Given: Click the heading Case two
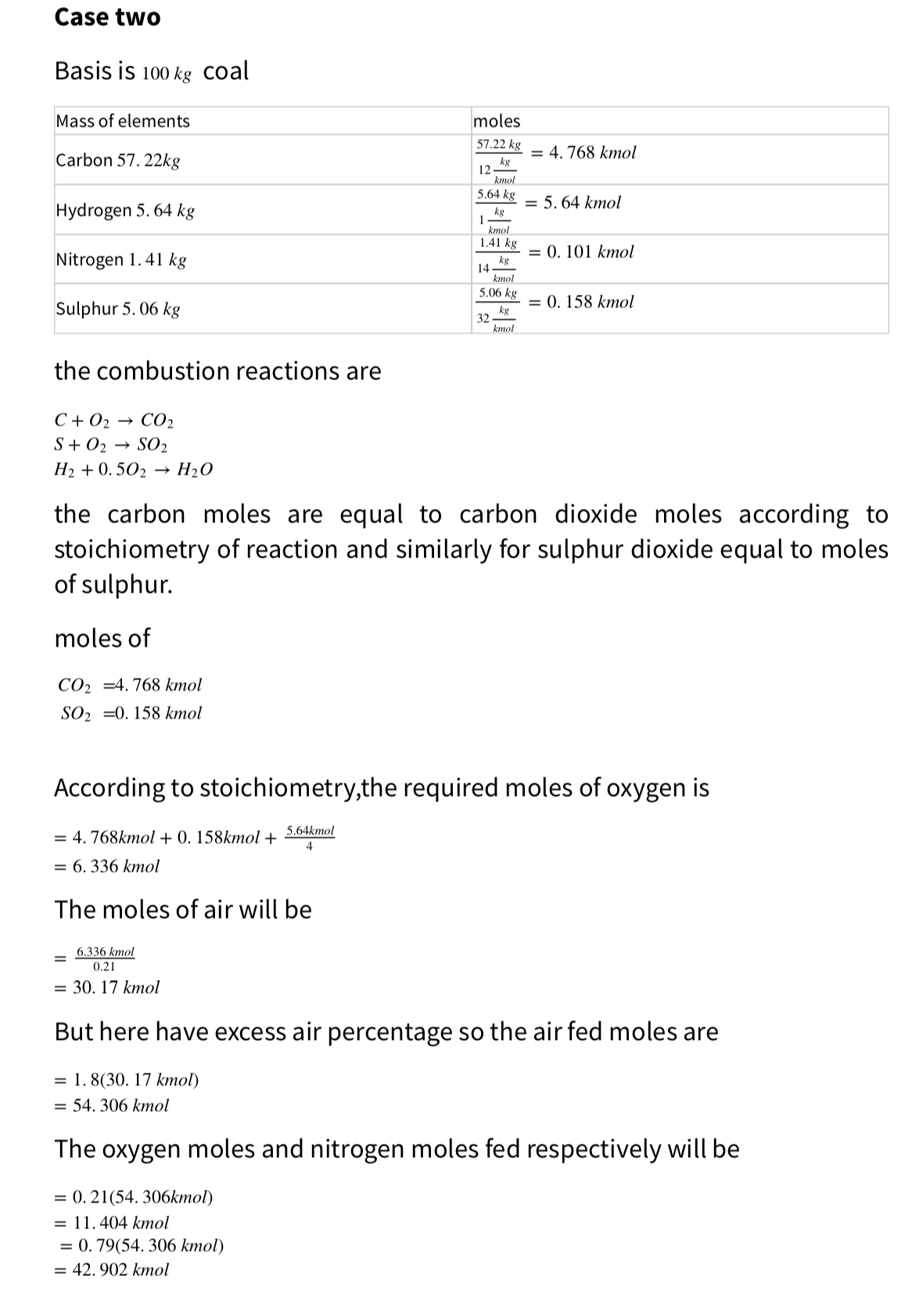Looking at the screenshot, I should [x=107, y=17].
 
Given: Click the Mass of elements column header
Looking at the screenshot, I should [x=123, y=120].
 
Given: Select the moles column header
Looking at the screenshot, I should [x=497, y=120].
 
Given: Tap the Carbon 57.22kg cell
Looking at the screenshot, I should [x=118, y=160].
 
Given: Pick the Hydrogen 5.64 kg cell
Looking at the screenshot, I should [x=125, y=210].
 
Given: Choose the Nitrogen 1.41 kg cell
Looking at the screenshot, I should [x=121, y=260].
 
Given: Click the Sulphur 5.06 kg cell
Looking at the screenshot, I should [x=118, y=309].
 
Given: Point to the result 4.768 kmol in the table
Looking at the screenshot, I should [x=592, y=152].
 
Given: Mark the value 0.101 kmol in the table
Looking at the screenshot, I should [x=590, y=252].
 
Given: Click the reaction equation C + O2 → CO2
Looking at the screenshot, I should [x=113, y=421].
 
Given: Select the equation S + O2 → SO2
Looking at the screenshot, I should [x=110, y=446].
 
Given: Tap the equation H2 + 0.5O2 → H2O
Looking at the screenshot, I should [x=133, y=470].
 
